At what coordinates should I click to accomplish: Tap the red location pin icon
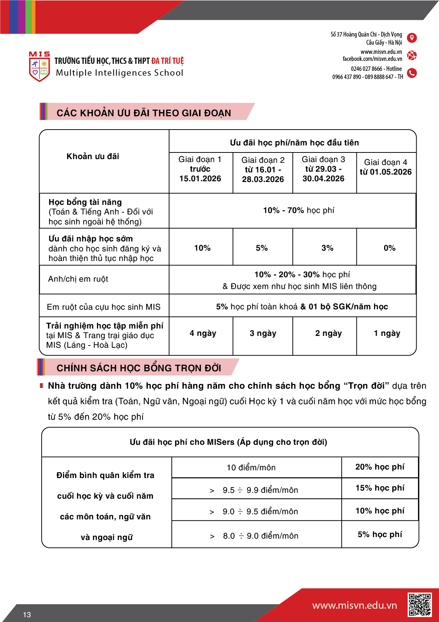tap(412, 38)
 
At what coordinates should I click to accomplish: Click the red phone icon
tap(412, 73)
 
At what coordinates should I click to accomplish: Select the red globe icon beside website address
tap(412, 55)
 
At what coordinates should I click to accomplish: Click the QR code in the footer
tap(419, 605)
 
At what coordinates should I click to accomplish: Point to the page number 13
tap(27, 615)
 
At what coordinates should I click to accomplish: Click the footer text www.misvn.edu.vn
tap(354, 605)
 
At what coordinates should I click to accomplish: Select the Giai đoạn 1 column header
tap(200, 169)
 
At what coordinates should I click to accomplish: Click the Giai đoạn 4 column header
tap(386, 167)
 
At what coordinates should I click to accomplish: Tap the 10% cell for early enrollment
tap(202, 248)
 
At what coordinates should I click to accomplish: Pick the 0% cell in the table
tap(389, 248)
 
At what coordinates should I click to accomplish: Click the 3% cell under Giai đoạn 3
tap(327, 248)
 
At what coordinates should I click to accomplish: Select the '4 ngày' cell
tap(203, 333)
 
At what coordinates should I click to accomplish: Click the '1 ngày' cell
tap(387, 333)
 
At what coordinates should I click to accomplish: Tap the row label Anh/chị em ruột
tap(78, 279)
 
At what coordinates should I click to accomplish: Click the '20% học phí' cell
tap(380, 467)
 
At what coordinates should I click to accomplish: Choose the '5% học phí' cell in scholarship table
tap(380, 535)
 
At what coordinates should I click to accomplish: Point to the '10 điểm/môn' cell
tap(251, 468)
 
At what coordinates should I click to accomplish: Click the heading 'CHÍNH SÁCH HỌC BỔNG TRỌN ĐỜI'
tap(139, 368)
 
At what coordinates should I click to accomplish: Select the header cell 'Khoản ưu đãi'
tap(93, 157)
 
